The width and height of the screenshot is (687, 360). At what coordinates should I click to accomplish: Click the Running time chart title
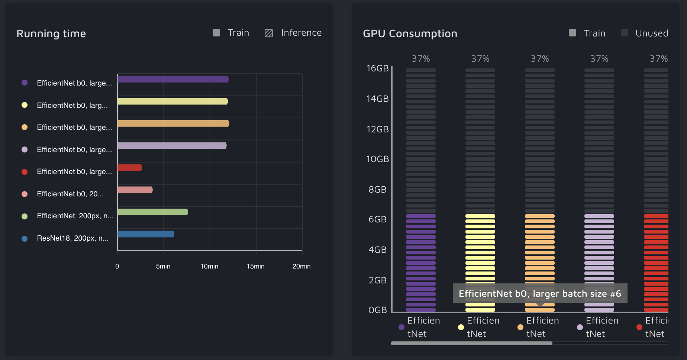click(51, 34)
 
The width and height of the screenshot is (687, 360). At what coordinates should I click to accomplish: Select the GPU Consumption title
click(410, 34)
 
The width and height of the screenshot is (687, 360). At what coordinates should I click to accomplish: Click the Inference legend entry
click(293, 33)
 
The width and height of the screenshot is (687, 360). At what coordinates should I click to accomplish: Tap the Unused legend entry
click(645, 33)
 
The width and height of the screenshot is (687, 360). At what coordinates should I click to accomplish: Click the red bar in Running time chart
click(130, 168)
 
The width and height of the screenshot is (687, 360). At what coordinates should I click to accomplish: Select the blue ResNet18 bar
click(146, 234)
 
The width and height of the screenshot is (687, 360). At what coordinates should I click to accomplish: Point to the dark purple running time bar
click(173, 79)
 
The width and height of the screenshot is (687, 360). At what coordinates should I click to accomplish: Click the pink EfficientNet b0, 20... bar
click(135, 190)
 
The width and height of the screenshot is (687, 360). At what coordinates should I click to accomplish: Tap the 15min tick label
click(255, 266)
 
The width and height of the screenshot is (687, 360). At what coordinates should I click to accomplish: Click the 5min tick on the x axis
click(163, 266)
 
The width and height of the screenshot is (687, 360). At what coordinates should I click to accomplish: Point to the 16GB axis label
click(377, 68)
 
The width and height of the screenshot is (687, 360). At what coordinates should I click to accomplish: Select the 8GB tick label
click(377, 190)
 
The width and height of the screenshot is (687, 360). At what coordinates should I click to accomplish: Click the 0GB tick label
click(377, 310)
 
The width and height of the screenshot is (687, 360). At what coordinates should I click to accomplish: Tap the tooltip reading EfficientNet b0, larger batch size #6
click(540, 293)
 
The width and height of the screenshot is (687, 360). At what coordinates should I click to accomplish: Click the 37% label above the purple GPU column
click(421, 59)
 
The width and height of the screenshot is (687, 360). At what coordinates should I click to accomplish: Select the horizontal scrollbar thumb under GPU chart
click(471, 343)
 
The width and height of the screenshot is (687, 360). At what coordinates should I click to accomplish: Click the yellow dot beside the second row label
click(25, 105)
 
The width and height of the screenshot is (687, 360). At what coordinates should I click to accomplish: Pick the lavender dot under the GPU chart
click(580, 327)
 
